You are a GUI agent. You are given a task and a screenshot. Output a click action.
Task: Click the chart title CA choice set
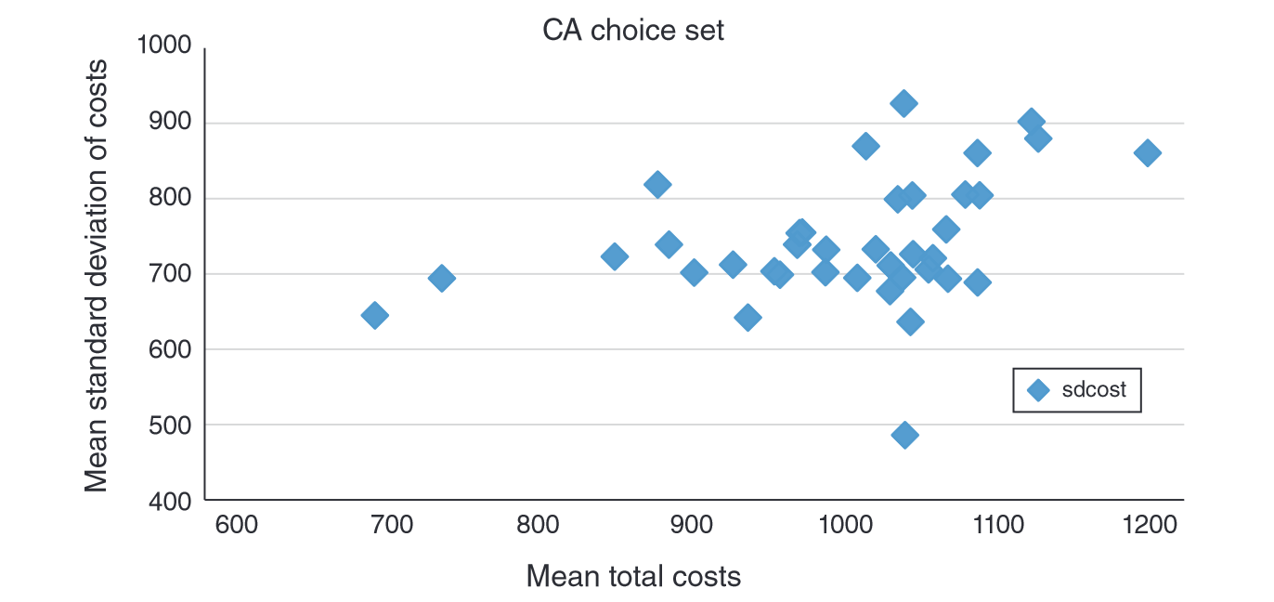click(633, 31)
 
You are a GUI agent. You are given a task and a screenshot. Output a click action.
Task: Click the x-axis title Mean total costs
click(633, 576)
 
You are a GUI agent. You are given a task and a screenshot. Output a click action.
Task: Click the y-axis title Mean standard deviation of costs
click(97, 275)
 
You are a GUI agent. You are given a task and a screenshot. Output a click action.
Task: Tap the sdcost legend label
click(1094, 390)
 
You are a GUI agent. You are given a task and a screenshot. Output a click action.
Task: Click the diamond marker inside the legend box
click(1039, 391)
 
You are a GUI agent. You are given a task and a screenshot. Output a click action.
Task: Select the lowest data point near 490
click(904, 435)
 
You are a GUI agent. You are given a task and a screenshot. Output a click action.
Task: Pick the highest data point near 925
click(903, 103)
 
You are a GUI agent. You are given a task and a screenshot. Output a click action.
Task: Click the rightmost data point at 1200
click(1147, 153)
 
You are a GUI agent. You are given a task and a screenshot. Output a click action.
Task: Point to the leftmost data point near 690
click(374, 315)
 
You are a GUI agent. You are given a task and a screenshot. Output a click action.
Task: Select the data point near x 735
click(442, 278)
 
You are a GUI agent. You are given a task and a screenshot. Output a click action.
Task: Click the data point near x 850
click(614, 256)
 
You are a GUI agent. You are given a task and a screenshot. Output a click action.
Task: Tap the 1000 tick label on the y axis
click(163, 46)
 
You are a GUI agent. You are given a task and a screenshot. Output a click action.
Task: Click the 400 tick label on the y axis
click(170, 501)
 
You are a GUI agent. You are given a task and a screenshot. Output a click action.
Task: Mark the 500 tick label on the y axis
click(170, 425)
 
